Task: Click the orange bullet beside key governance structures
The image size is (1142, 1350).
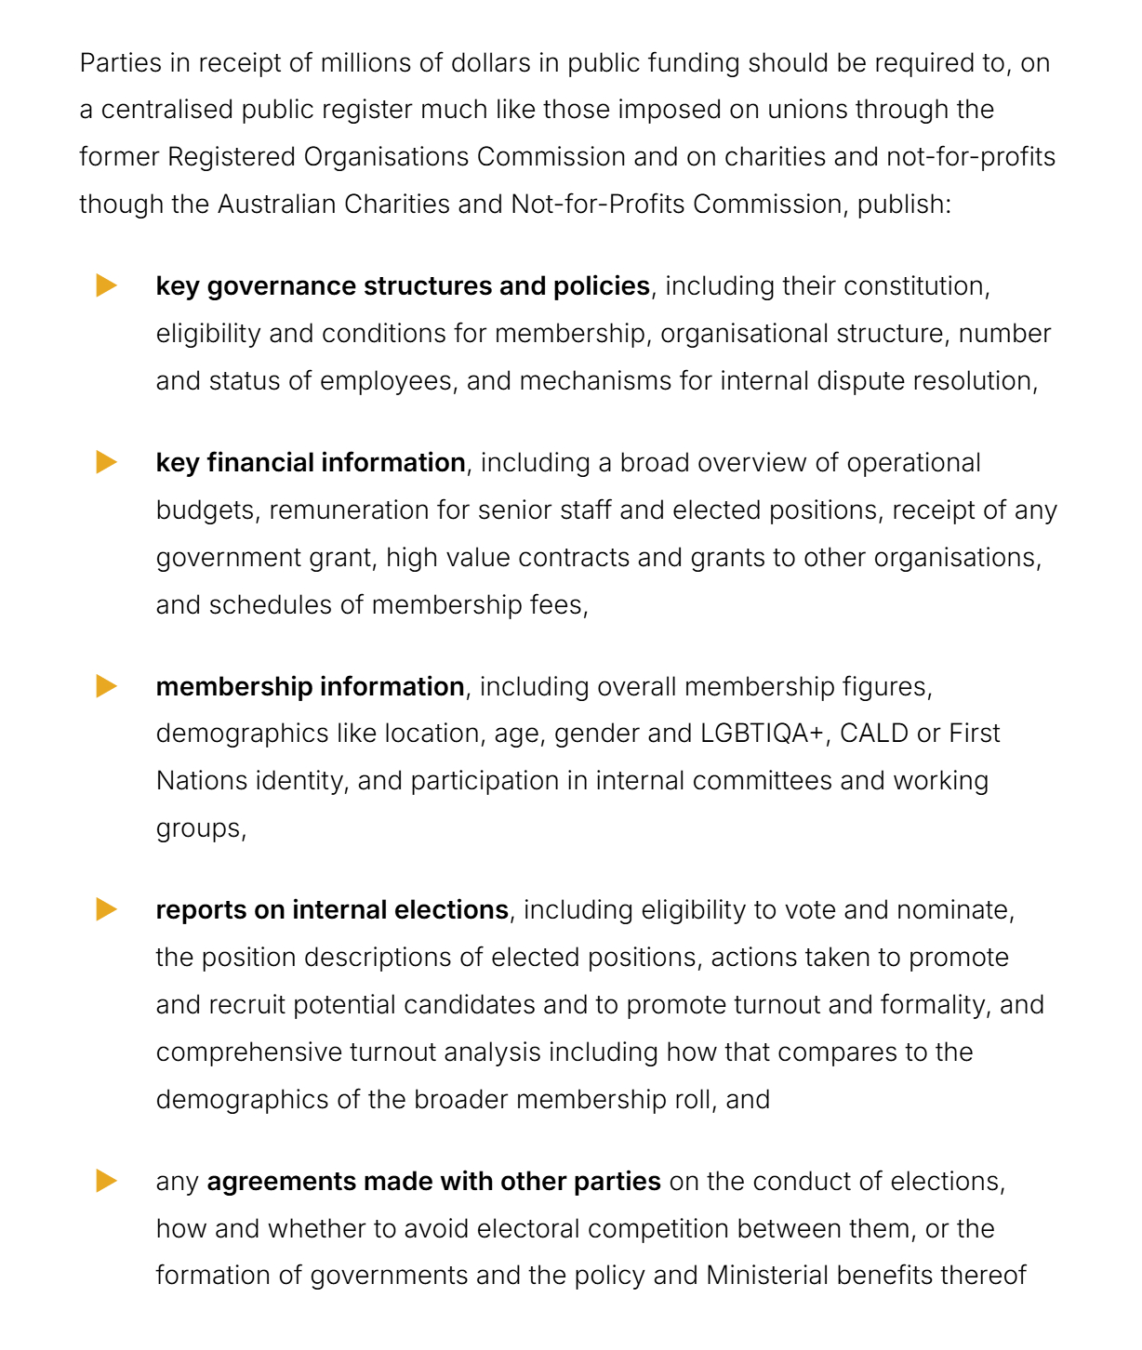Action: tap(107, 285)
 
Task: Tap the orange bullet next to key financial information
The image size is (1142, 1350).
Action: tap(107, 462)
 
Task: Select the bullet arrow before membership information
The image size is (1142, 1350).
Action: tap(107, 686)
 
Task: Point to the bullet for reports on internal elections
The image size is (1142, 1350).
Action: tap(107, 909)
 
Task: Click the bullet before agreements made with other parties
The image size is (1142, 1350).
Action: tap(107, 1181)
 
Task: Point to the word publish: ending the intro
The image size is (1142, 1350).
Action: tap(904, 204)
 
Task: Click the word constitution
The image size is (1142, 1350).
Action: tap(919, 286)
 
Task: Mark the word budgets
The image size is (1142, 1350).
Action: tap(205, 510)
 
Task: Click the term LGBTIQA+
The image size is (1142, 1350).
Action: tap(763, 734)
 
